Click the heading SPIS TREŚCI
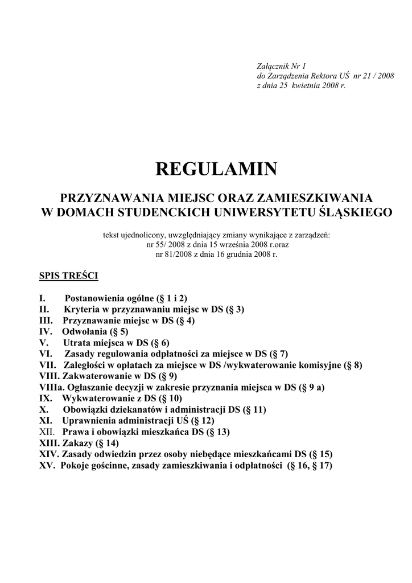point(68,276)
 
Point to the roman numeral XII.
point(47,432)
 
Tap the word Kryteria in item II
point(80,309)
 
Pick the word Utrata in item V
point(77,343)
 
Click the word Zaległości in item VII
point(85,365)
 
